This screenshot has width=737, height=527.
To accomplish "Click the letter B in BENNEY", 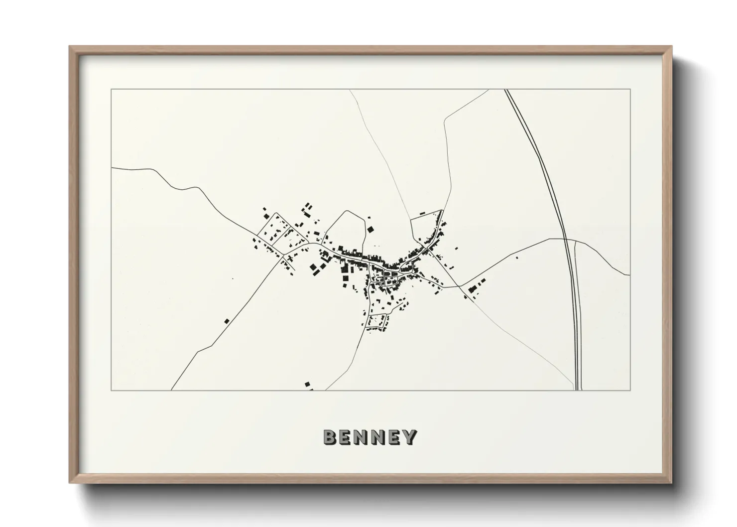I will click(x=330, y=437).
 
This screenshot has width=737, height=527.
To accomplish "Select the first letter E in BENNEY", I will click(x=346, y=437).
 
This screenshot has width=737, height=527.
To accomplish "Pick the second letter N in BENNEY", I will click(x=378, y=437).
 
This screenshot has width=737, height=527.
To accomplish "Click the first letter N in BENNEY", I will click(x=362, y=437).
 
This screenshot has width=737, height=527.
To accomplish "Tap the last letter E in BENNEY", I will click(x=394, y=437).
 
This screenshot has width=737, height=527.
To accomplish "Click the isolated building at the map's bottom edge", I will click(x=307, y=384).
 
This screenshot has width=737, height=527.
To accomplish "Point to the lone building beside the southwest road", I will click(x=227, y=321).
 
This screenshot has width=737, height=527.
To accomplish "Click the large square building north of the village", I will click(x=370, y=229).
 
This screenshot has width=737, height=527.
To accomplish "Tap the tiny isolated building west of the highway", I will click(x=516, y=258).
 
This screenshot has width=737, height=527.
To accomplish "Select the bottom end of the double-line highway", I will click(x=579, y=390).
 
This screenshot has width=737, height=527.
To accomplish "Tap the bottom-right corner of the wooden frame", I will click(x=671, y=483).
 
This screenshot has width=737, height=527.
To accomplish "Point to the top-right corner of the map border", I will click(x=630, y=89).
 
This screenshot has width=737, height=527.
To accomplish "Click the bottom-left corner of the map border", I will click(x=111, y=390).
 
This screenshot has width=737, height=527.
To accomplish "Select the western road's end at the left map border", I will click(x=112, y=168).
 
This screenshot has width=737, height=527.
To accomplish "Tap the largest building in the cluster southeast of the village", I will click(x=473, y=288).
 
